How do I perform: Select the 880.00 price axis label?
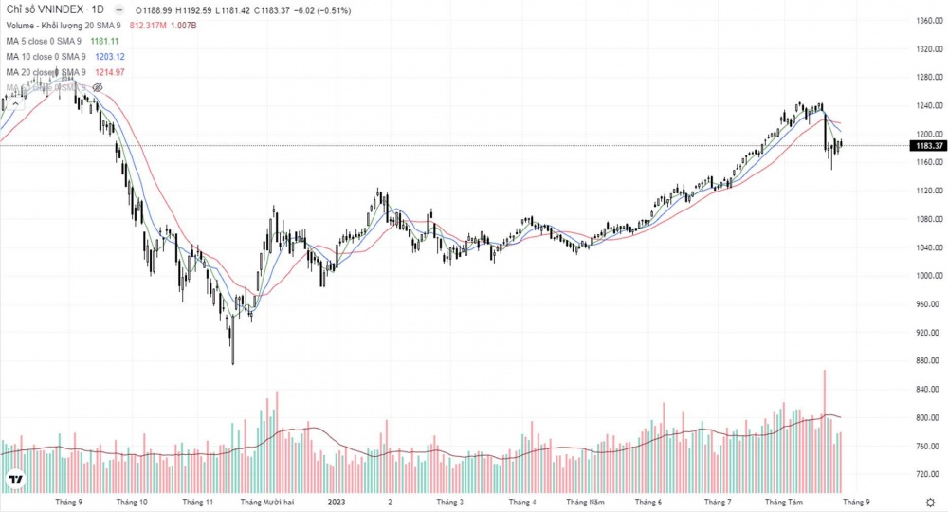pyautogui.click(x=922, y=361)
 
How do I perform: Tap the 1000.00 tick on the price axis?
pyautogui.click(x=923, y=276)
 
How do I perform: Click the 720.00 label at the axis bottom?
pyautogui.click(x=922, y=473)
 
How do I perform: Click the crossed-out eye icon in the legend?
pyautogui.click(x=97, y=87)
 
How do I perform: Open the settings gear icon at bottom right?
pyautogui.click(x=931, y=501)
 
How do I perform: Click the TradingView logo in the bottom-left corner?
pyautogui.click(x=14, y=481)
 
